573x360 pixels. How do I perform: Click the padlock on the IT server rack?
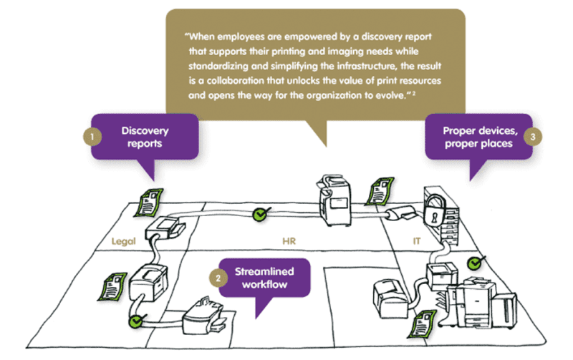pos(435,214)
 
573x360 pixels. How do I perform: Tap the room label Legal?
pos(123,241)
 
